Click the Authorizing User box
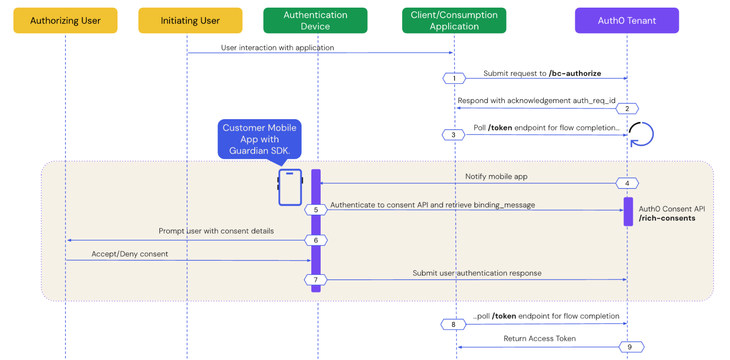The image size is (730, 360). (x=65, y=20)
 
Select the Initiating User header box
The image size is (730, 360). (x=190, y=20)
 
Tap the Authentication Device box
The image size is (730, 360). (x=315, y=20)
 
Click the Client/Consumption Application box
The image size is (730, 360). (x=454, y=20)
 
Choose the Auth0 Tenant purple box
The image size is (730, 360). (x=627, y=20)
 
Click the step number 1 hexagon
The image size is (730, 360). (x=454, y=78)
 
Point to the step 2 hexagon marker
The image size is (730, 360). (x=627, y=109)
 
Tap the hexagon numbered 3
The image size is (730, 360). (x=453, y=135)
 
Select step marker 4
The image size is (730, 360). (x=627, y=183)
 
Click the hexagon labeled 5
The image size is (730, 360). (x=316, y=210)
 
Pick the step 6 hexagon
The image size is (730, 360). (x=316, y=240)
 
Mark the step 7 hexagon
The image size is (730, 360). (x=316, y=280)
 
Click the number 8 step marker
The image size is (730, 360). (x=453, y=325)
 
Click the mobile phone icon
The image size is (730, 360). (x=290, y=187)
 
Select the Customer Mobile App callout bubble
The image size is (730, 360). (x=259, y=139)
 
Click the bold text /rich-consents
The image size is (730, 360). (x=667, y=218)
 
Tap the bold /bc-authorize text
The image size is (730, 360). (x=575, y=73)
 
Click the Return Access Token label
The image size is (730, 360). (x=539, y=338)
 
